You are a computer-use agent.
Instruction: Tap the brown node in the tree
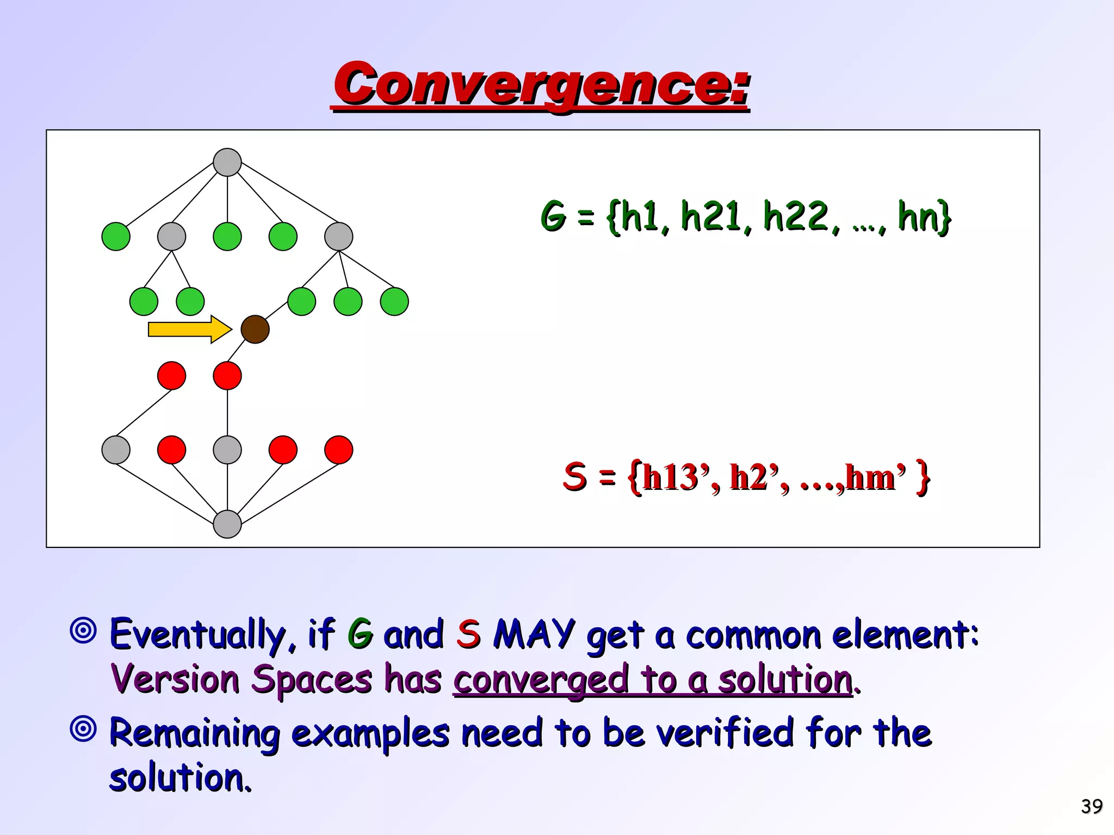255,329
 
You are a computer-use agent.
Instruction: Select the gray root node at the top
227,162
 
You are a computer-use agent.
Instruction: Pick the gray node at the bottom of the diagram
227,524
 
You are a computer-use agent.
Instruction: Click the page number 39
1092,806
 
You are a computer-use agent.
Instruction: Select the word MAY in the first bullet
534,634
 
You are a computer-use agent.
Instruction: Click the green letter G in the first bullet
360,634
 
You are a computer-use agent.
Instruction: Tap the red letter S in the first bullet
468,634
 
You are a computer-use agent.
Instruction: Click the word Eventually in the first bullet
198,634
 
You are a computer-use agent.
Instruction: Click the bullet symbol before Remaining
83,729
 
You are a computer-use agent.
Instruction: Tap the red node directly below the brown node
227,376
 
